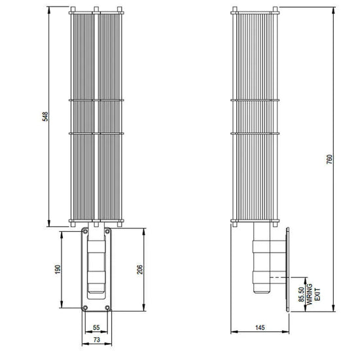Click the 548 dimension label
45,117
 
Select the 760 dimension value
329,159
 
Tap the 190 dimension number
58,269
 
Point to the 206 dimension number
139,269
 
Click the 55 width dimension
96,327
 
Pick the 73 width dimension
97,340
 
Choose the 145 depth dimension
260,327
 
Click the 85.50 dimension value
301,295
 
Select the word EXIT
317,295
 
